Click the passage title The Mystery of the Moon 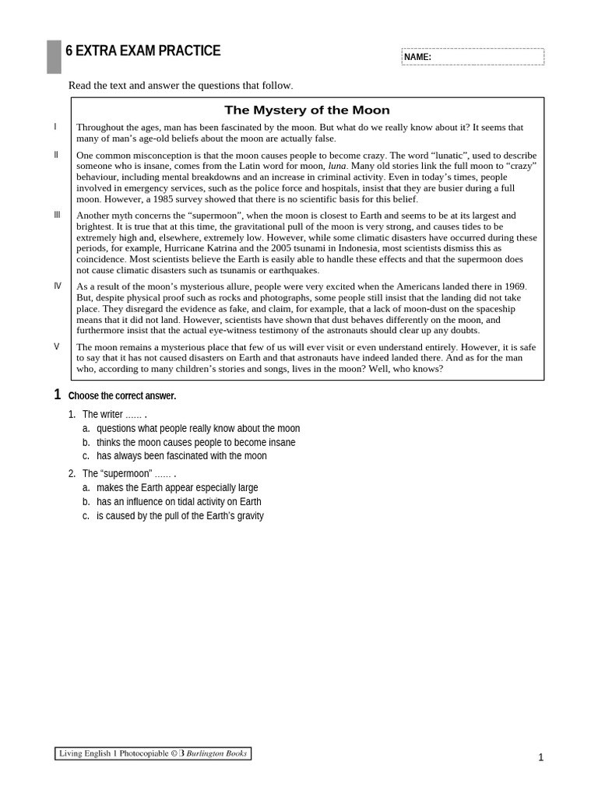(307, 111)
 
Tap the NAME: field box (473, 57)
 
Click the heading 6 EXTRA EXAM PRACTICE (143, 51)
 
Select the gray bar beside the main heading (54, 57)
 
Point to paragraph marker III (57, 215)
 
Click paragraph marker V (56, 346)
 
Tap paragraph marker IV (57, 286)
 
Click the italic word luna (336, 166)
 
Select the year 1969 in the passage (514, 286)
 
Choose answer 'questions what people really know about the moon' (198, 428)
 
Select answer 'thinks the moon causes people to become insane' (195, 442)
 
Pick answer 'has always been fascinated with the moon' (181, 456)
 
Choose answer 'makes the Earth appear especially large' (177, 488)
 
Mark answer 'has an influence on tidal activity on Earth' (178, 502)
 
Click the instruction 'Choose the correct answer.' (122, 396)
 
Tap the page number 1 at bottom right (540, 757)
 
